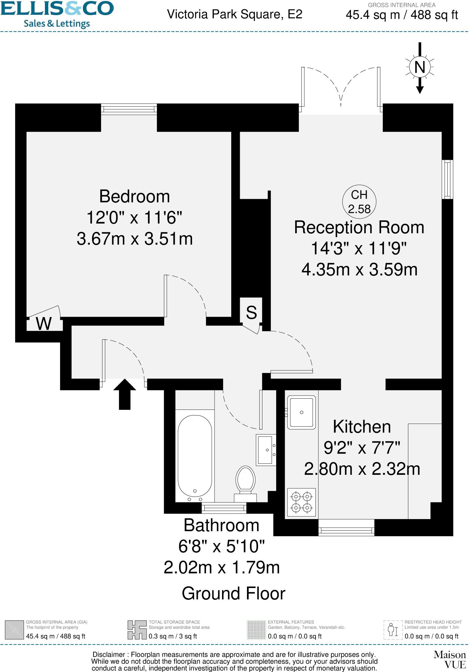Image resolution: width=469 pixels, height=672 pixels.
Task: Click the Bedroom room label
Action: tap(134, 197)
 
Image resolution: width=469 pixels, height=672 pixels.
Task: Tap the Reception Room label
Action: tap(359, 227)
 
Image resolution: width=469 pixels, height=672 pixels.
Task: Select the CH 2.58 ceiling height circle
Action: tap(359, 202)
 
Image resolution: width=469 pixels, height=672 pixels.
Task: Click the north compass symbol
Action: tap(420, 67)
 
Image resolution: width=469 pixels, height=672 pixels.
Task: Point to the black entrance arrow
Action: tap(125, 394)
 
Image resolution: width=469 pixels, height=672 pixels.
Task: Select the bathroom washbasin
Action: tap(266, 450)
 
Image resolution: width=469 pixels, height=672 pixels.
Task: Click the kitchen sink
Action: tap(301, 412)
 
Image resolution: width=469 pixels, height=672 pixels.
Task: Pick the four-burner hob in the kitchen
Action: tap(301, 502)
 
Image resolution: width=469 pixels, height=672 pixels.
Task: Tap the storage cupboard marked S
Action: tap(251, 312)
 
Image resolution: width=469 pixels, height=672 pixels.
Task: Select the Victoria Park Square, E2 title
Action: tap(234, 14)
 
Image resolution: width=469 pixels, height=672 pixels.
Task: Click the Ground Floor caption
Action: tap(234, 593)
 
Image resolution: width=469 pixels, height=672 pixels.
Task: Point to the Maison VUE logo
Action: tap(450, 660)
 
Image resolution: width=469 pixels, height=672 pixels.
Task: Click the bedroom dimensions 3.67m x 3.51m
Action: tap(134, 239)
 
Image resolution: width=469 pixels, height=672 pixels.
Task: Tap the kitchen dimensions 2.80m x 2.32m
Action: tap(362, 469)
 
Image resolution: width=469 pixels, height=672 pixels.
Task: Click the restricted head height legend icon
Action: tap(393, 630)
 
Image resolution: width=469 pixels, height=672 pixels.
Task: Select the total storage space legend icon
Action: tap(137, 630)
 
